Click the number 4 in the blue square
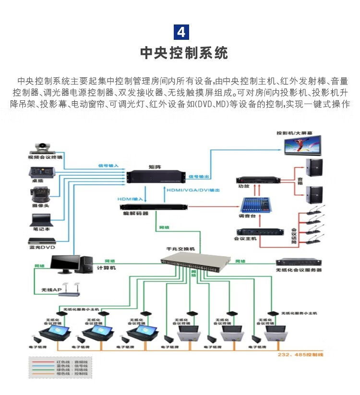pos(180,32)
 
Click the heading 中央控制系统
pos(184,53)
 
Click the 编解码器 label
pos(136,213)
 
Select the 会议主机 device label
pos(245,238)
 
